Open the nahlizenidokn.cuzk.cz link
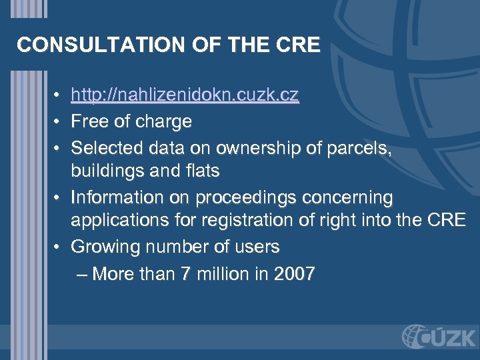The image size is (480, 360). [185, 96]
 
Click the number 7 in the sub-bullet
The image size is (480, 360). [185, 273]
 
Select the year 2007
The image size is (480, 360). [294, 273]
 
